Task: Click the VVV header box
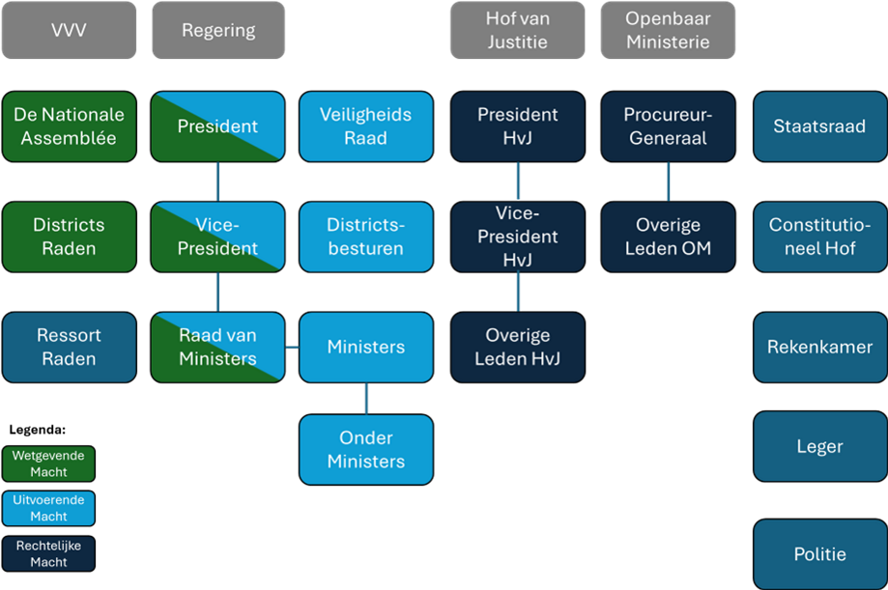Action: pyautogui.click(x=68, y=30)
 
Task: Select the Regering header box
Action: pyautogui.click(x=218, y=30)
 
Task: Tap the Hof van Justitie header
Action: pyautogui.click(x=516, y=30)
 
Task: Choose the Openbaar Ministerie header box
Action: pyautogui.click(x=667, y=30)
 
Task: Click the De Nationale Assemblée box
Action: pyautogui.click(x=68, y=126)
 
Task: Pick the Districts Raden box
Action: pyautogui.click(x=68, y=237)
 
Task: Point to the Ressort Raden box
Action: pyautogui.click(x=68, y=347)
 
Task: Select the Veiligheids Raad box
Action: pyautogui.click(x=365, y=126)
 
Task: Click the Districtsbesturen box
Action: pyautogui.click(x=365, y=237)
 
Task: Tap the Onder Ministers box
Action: pyautogui.click(x=365, y=449)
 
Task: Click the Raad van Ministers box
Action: pyautogui.click(x=218, y=347)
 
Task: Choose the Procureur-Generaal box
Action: pyautogui.click(x=667, y=126)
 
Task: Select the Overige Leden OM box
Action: pyautogui.click(x=667, y=237)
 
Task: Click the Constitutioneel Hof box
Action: pyautogui.click(x=819, y=237)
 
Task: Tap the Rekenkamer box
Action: pyautogui.click(x=819, y=347)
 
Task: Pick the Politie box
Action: pyautogui.click(x=819, y=554)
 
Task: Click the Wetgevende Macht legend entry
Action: pyautogui.click(x=48, y=464)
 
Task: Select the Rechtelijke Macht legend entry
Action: pyautogui.click(x=48, y=553)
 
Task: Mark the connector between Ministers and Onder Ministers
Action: pyautogui.click(x=366, y=399)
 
